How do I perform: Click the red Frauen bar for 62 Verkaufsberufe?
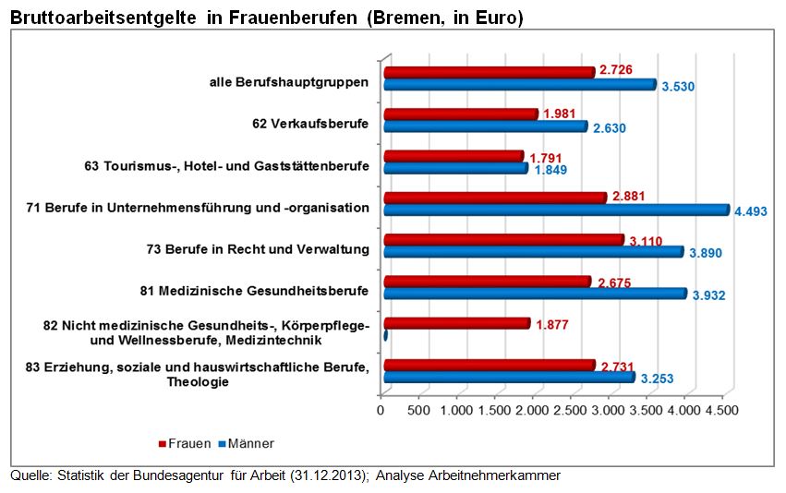coord(460,114)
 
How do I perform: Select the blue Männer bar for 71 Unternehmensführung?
coord(555,210)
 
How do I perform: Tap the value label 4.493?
coord(751,211)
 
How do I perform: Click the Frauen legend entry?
coord(186,443)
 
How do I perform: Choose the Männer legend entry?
coord(242,443)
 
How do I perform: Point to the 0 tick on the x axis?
coord(381,410)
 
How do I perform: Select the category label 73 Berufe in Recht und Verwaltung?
coord(257,249)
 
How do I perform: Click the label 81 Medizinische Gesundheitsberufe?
coord(254,292)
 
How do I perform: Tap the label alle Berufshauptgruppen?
coord(289,82)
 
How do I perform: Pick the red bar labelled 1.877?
coord(456,323)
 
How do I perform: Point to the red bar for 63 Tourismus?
coord(453,156)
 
